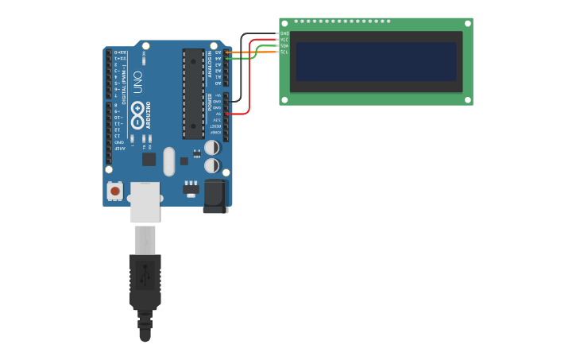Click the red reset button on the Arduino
pos(115,191)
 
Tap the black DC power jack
pos(215,195)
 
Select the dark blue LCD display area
pos(376,61)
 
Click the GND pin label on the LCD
pos(284,33)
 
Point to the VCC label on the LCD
pos(284,40)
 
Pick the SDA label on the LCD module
pos(284,46)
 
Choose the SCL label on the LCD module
pos(284,52)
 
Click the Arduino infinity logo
pos(137,118)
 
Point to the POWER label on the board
pos(210,103)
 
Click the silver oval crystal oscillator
pos(168,161)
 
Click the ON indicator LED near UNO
pos(144,60)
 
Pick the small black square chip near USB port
pos(149,159)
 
